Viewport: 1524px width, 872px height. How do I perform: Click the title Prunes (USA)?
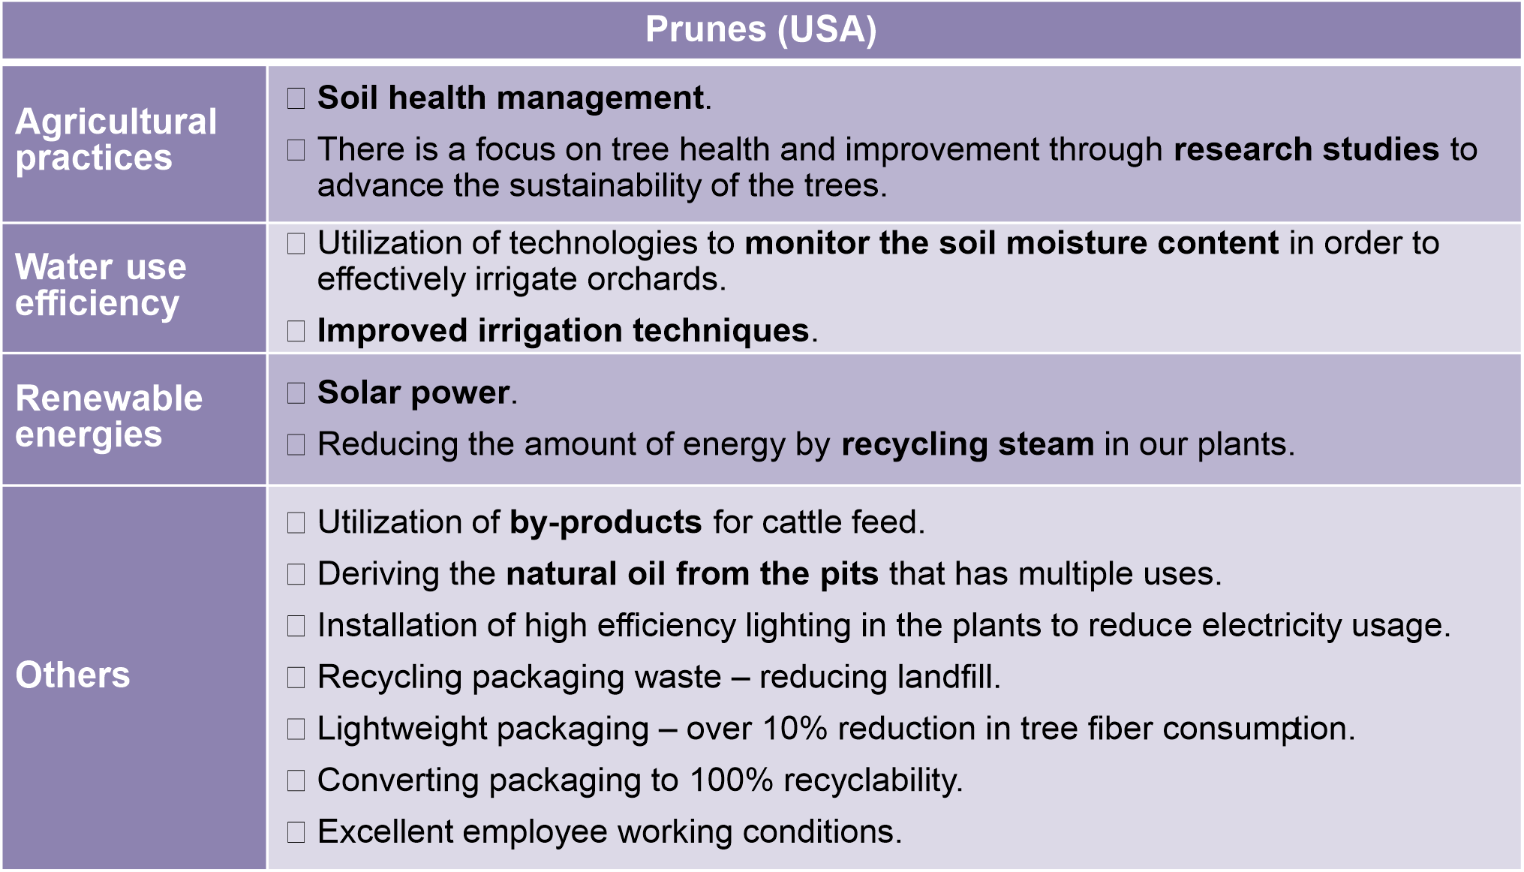[x=761, y=30]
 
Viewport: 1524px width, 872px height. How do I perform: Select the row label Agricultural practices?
[x=116, y=140]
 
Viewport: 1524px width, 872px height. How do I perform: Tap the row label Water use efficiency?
[x=101, y=285]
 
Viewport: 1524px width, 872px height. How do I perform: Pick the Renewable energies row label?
[x=109, y=416]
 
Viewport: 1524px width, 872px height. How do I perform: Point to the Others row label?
[x=73, y=675]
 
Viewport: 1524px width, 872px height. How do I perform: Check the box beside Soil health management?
[x=296, y=98]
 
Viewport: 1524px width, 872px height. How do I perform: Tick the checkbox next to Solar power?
[x=296, y=393]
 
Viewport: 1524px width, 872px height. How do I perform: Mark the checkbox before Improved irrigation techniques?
[x=296, y=331]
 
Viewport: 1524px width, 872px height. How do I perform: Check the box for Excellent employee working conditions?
[x=296, y=832]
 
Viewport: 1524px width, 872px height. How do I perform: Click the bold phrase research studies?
[x=1306, y=149]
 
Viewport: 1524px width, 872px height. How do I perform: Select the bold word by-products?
[x=606, y=523]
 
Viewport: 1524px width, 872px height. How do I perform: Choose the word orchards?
[x=653, y=279]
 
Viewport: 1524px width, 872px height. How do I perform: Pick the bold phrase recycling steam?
[x=968, y=445]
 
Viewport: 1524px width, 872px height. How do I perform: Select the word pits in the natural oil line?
[x=849, y=575]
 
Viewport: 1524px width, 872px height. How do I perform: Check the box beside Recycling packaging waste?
[x=296, y=678]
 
